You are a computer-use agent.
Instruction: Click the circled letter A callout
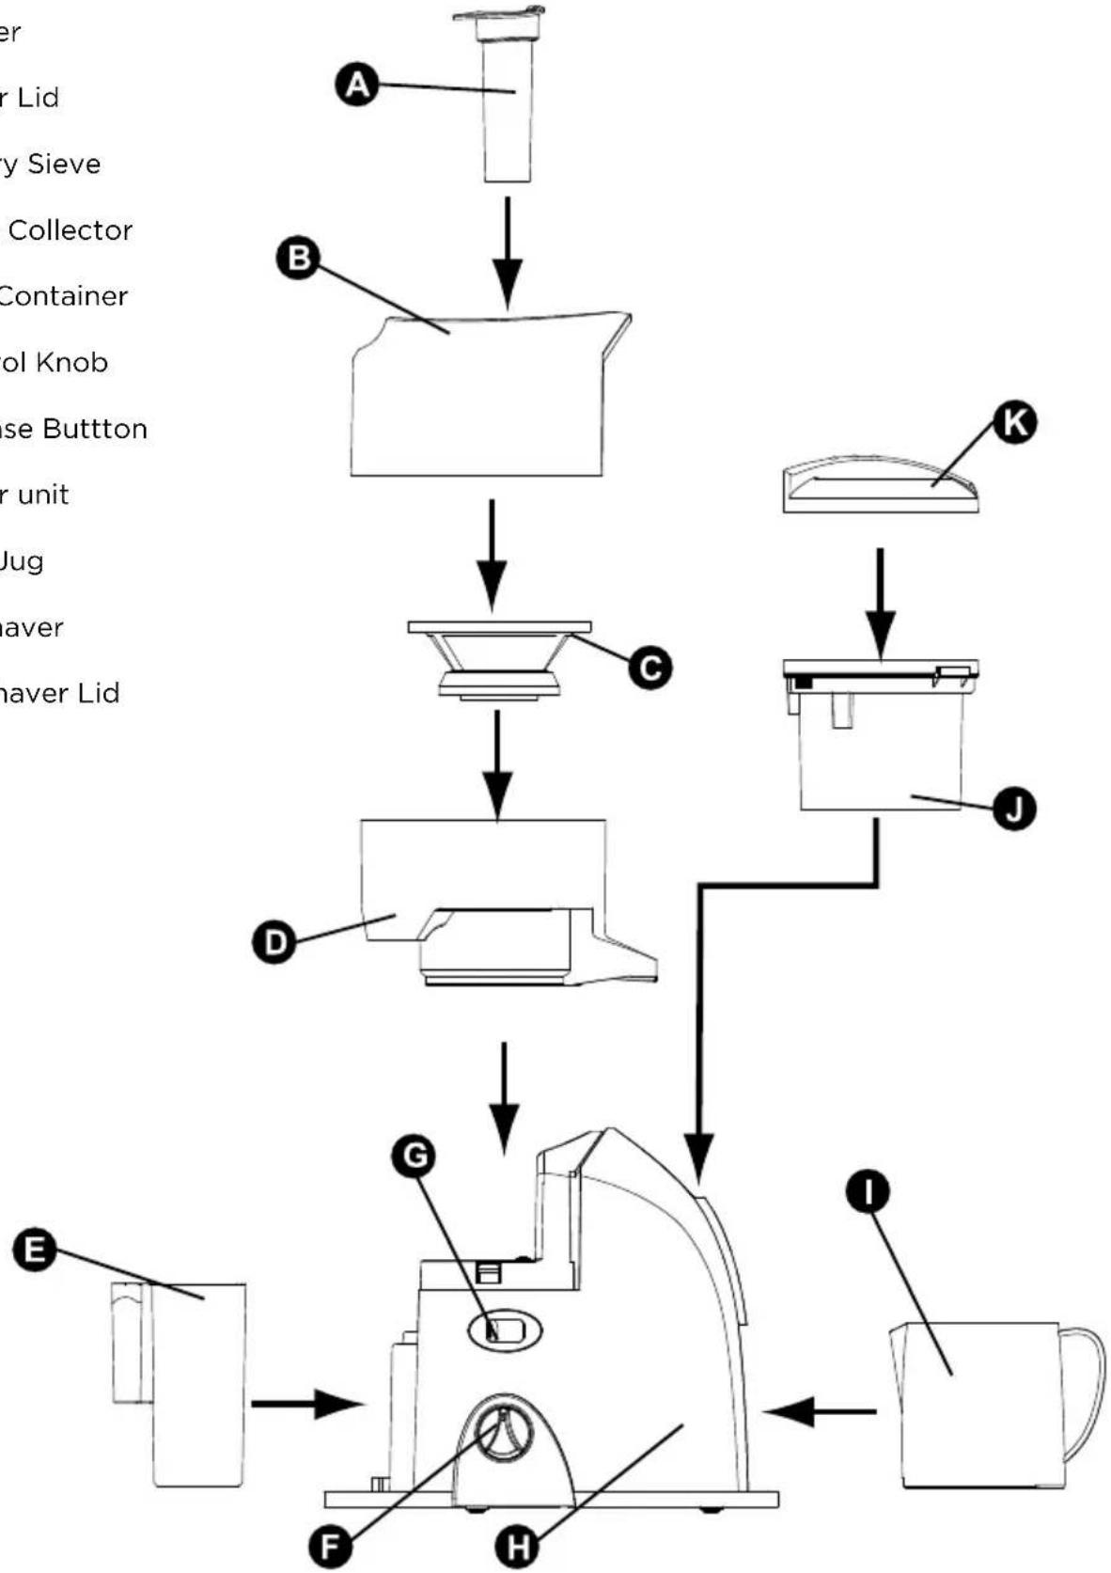[357, 86]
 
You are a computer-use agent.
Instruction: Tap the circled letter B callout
[298, 258]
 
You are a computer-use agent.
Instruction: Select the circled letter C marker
[649, 668]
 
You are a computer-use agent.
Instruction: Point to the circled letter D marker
[274, 941]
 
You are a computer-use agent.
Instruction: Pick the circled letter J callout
[1014, 809]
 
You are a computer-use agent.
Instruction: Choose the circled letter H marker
[517, 1546]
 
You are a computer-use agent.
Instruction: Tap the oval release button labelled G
[506, 1329]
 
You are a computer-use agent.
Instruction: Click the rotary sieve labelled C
[499, 658]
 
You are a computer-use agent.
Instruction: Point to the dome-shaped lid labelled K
[881, 484]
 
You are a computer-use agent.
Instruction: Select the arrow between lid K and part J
[880, 602]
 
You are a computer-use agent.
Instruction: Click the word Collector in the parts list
[70, 230]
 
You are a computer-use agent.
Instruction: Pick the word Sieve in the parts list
[64, 165]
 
